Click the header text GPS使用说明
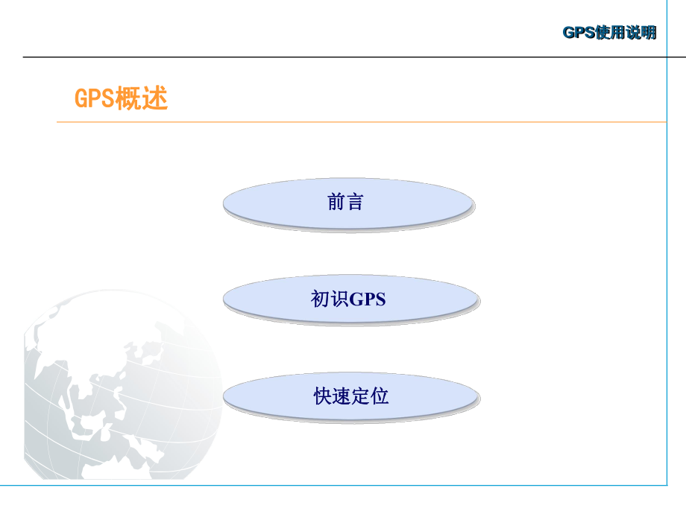click(609, 33)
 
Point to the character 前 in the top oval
click(336, 202)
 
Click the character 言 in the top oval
click(355, 202)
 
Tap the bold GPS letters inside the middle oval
click(368, 299)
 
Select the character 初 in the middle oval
click(319, 299)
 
